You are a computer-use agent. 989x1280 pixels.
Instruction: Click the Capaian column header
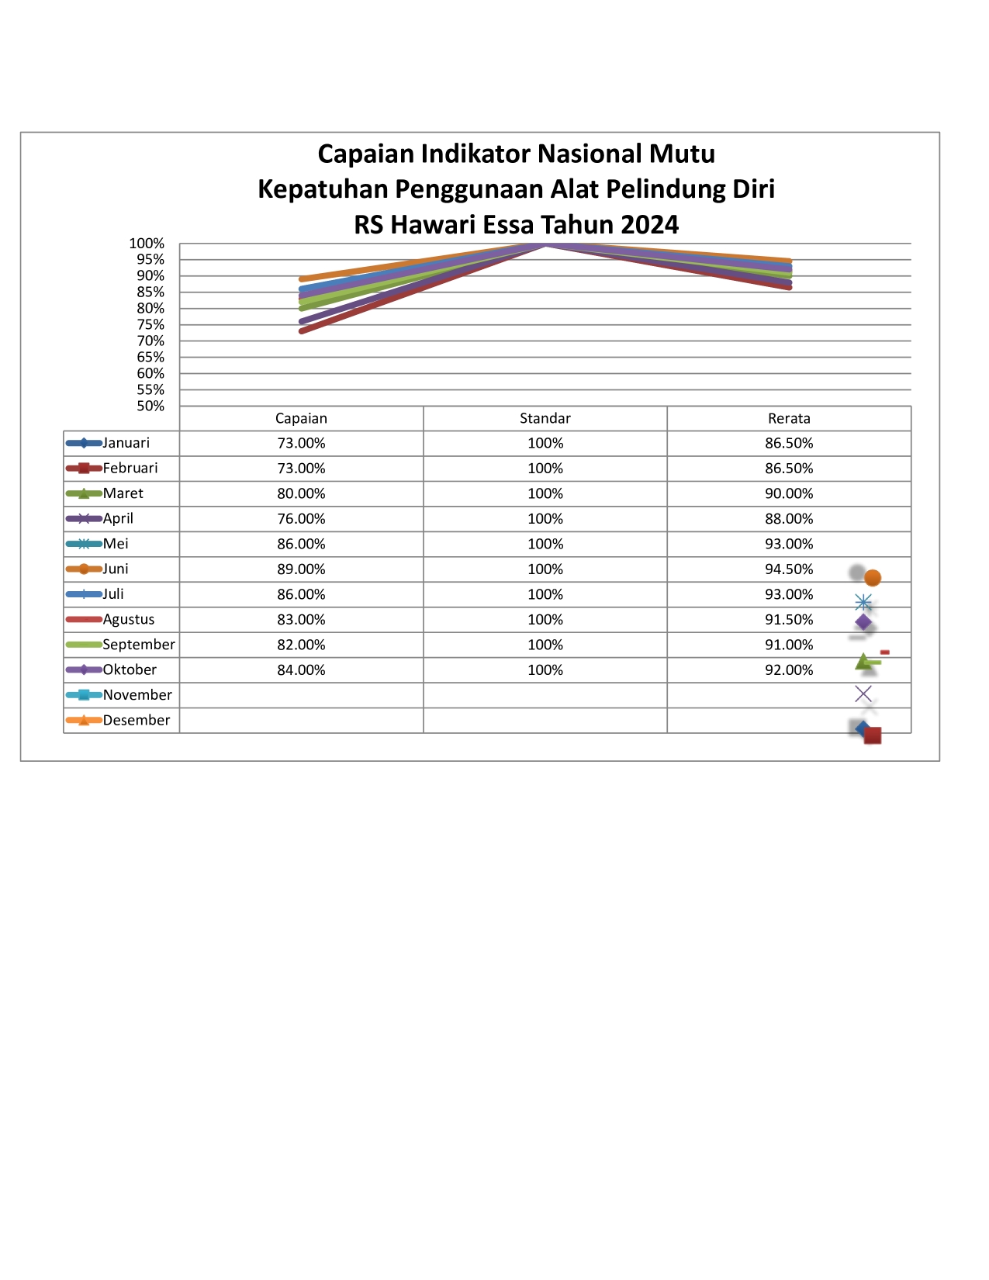[301, 418]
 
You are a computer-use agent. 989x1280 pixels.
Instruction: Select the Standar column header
[545, 418]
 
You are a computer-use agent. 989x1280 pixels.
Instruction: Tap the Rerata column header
[789, 418]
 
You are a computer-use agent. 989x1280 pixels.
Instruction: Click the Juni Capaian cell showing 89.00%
[301, 569]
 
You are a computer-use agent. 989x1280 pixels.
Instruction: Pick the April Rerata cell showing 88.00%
[789, 518]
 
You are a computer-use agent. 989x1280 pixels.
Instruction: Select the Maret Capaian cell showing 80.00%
[301, 493]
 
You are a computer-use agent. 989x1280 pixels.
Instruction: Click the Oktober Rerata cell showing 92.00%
[789, 669]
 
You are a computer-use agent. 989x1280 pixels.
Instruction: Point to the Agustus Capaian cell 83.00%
[301, 619]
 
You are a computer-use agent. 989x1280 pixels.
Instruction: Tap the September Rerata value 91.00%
[789, 645]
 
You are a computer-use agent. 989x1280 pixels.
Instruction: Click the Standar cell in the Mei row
[545, 544]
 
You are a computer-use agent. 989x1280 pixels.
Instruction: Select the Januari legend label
[126, 443]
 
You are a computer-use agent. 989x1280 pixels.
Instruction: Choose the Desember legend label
[136, 720]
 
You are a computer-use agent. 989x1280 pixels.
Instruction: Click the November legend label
[137, 695]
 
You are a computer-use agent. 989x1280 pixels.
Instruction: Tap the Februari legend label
[130, 468]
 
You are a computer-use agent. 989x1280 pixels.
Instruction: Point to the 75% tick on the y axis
[150, 325]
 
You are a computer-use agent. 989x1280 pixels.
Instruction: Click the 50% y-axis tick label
[150, 406]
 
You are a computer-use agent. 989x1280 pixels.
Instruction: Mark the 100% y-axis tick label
[147, 244]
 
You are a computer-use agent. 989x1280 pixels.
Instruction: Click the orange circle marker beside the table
[873, 578]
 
